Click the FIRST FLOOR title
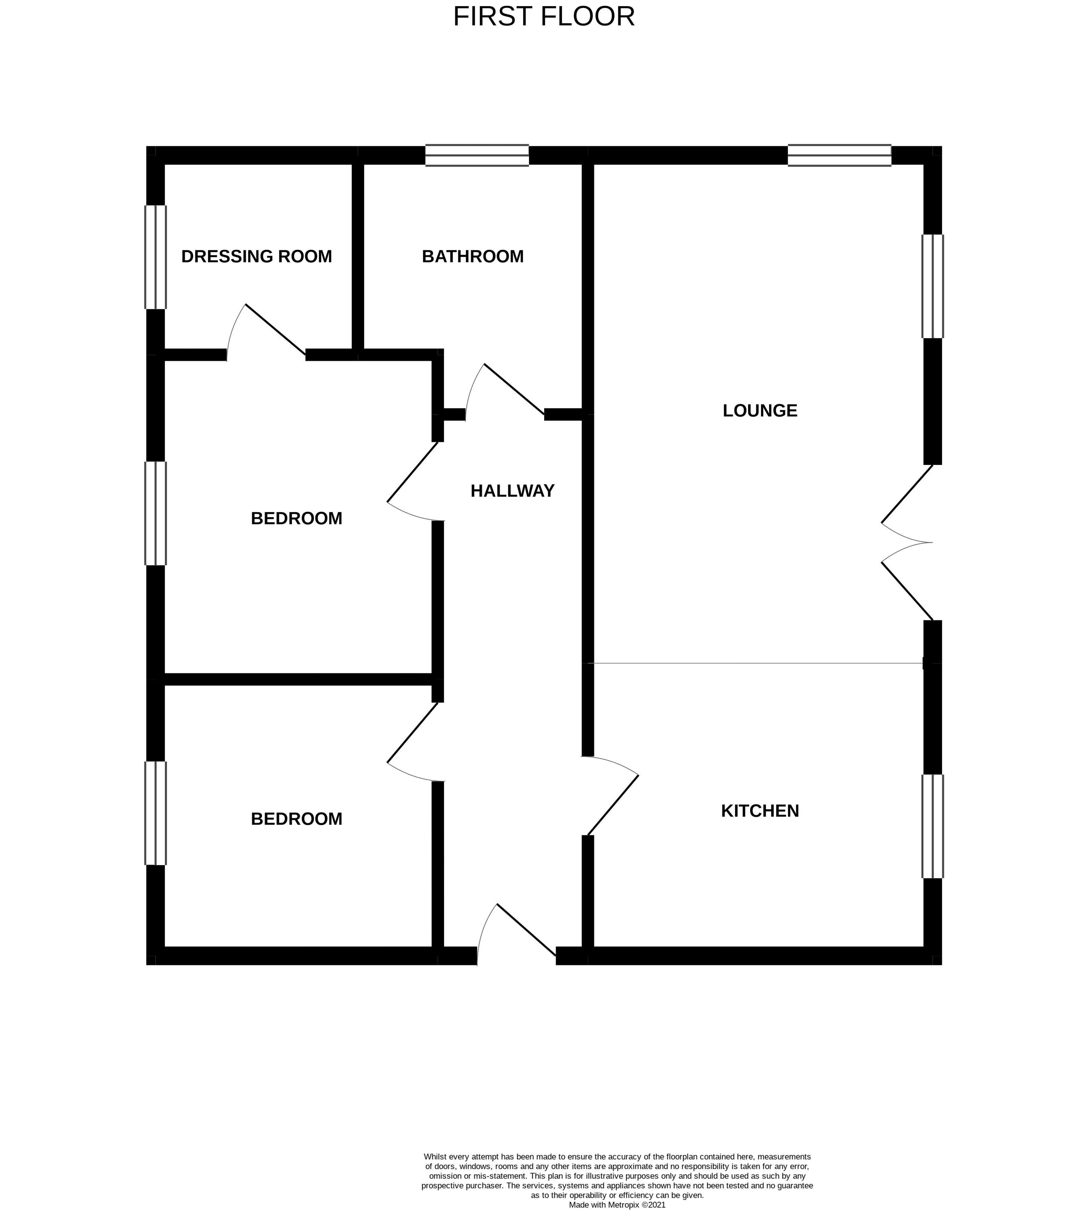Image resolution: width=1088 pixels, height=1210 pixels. [543, 17]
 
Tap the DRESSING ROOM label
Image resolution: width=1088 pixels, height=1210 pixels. [256, 256]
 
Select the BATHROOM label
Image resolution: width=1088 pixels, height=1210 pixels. [472, 256]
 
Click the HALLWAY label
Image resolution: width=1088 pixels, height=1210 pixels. [512, 491]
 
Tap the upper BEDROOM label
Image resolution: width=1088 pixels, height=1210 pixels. [297, 518]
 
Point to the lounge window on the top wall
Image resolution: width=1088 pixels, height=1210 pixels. [839, 156]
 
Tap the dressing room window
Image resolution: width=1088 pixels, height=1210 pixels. [156, 257]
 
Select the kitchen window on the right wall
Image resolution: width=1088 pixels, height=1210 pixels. [932, 826]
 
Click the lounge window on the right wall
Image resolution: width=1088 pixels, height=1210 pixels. [932, 286]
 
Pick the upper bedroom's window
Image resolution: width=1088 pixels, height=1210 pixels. [156, 513]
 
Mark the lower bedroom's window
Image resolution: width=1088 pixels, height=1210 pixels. [156, 813]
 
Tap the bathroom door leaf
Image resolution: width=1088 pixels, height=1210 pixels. [514, 389]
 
